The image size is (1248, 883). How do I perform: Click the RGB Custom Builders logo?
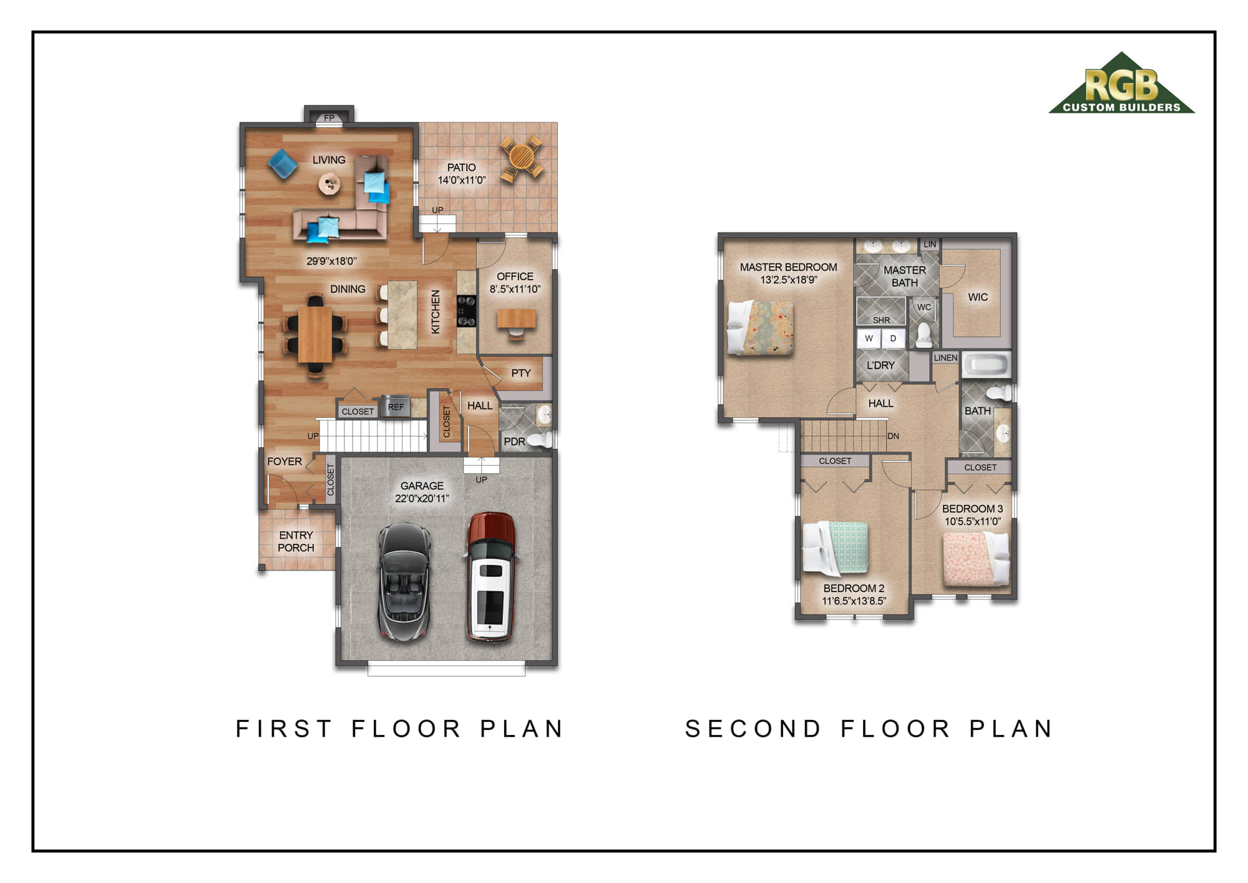[x=1121, y=83]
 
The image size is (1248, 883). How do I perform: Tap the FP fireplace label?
[x=329, y=118]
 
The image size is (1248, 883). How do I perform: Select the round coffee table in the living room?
[x=329, y=184]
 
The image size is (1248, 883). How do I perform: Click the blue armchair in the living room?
[x=283, y=164]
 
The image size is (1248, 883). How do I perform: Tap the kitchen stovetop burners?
[x=466, y=310]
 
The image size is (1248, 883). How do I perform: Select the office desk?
[x=516, y=318]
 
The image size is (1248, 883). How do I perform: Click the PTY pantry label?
[x=521, y=373]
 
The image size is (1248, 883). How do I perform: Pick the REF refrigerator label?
[x=396, y=407]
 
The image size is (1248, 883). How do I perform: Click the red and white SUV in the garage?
[x=491, y=576]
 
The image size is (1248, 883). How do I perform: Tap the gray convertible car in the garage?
[x=404, y=581]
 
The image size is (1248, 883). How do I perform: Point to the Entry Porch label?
[x=296, y=541]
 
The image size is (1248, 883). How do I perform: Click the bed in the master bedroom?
[x=760, y=327]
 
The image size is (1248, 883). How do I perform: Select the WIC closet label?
[x=978, y=297]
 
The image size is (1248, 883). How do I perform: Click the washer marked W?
[x=869, y=338]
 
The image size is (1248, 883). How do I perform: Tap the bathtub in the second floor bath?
[x=985, y=365]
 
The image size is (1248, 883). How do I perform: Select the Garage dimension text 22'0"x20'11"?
[x=422, y=498]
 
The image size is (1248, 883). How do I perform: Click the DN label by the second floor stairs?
[x=894, y=436]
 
